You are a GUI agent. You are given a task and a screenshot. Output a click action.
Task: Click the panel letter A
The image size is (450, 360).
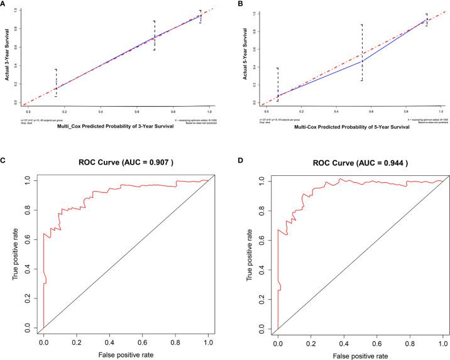click(4, 4)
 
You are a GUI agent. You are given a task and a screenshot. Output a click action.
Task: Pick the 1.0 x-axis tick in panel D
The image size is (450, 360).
click(442, 339)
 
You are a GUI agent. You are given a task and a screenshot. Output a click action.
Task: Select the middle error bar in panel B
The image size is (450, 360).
click(344, 52)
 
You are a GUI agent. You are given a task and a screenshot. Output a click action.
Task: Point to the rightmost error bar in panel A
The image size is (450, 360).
click(200, 16)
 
